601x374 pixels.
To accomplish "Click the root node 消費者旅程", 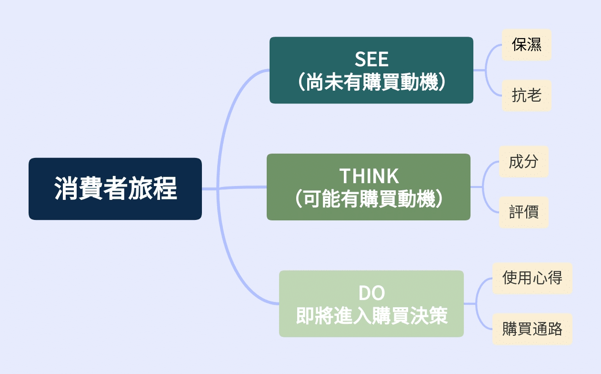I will pos(115,189).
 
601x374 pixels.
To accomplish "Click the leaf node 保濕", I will pos(526,45).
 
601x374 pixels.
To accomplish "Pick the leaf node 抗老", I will pos(526,95).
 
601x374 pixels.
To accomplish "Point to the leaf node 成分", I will pos(523,162).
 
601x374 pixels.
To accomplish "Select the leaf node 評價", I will pos(523,212).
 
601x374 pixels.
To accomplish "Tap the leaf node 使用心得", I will pos(532,278).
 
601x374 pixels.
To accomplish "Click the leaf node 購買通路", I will pos(532,329).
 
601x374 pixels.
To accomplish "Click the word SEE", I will pos(371,59).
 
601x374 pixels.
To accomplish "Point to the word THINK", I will pos(369,176).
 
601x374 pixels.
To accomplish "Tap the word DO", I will pos(371,293).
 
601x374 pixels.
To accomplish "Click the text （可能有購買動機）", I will pos(369,199).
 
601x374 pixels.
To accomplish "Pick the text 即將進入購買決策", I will pos(371,316).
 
